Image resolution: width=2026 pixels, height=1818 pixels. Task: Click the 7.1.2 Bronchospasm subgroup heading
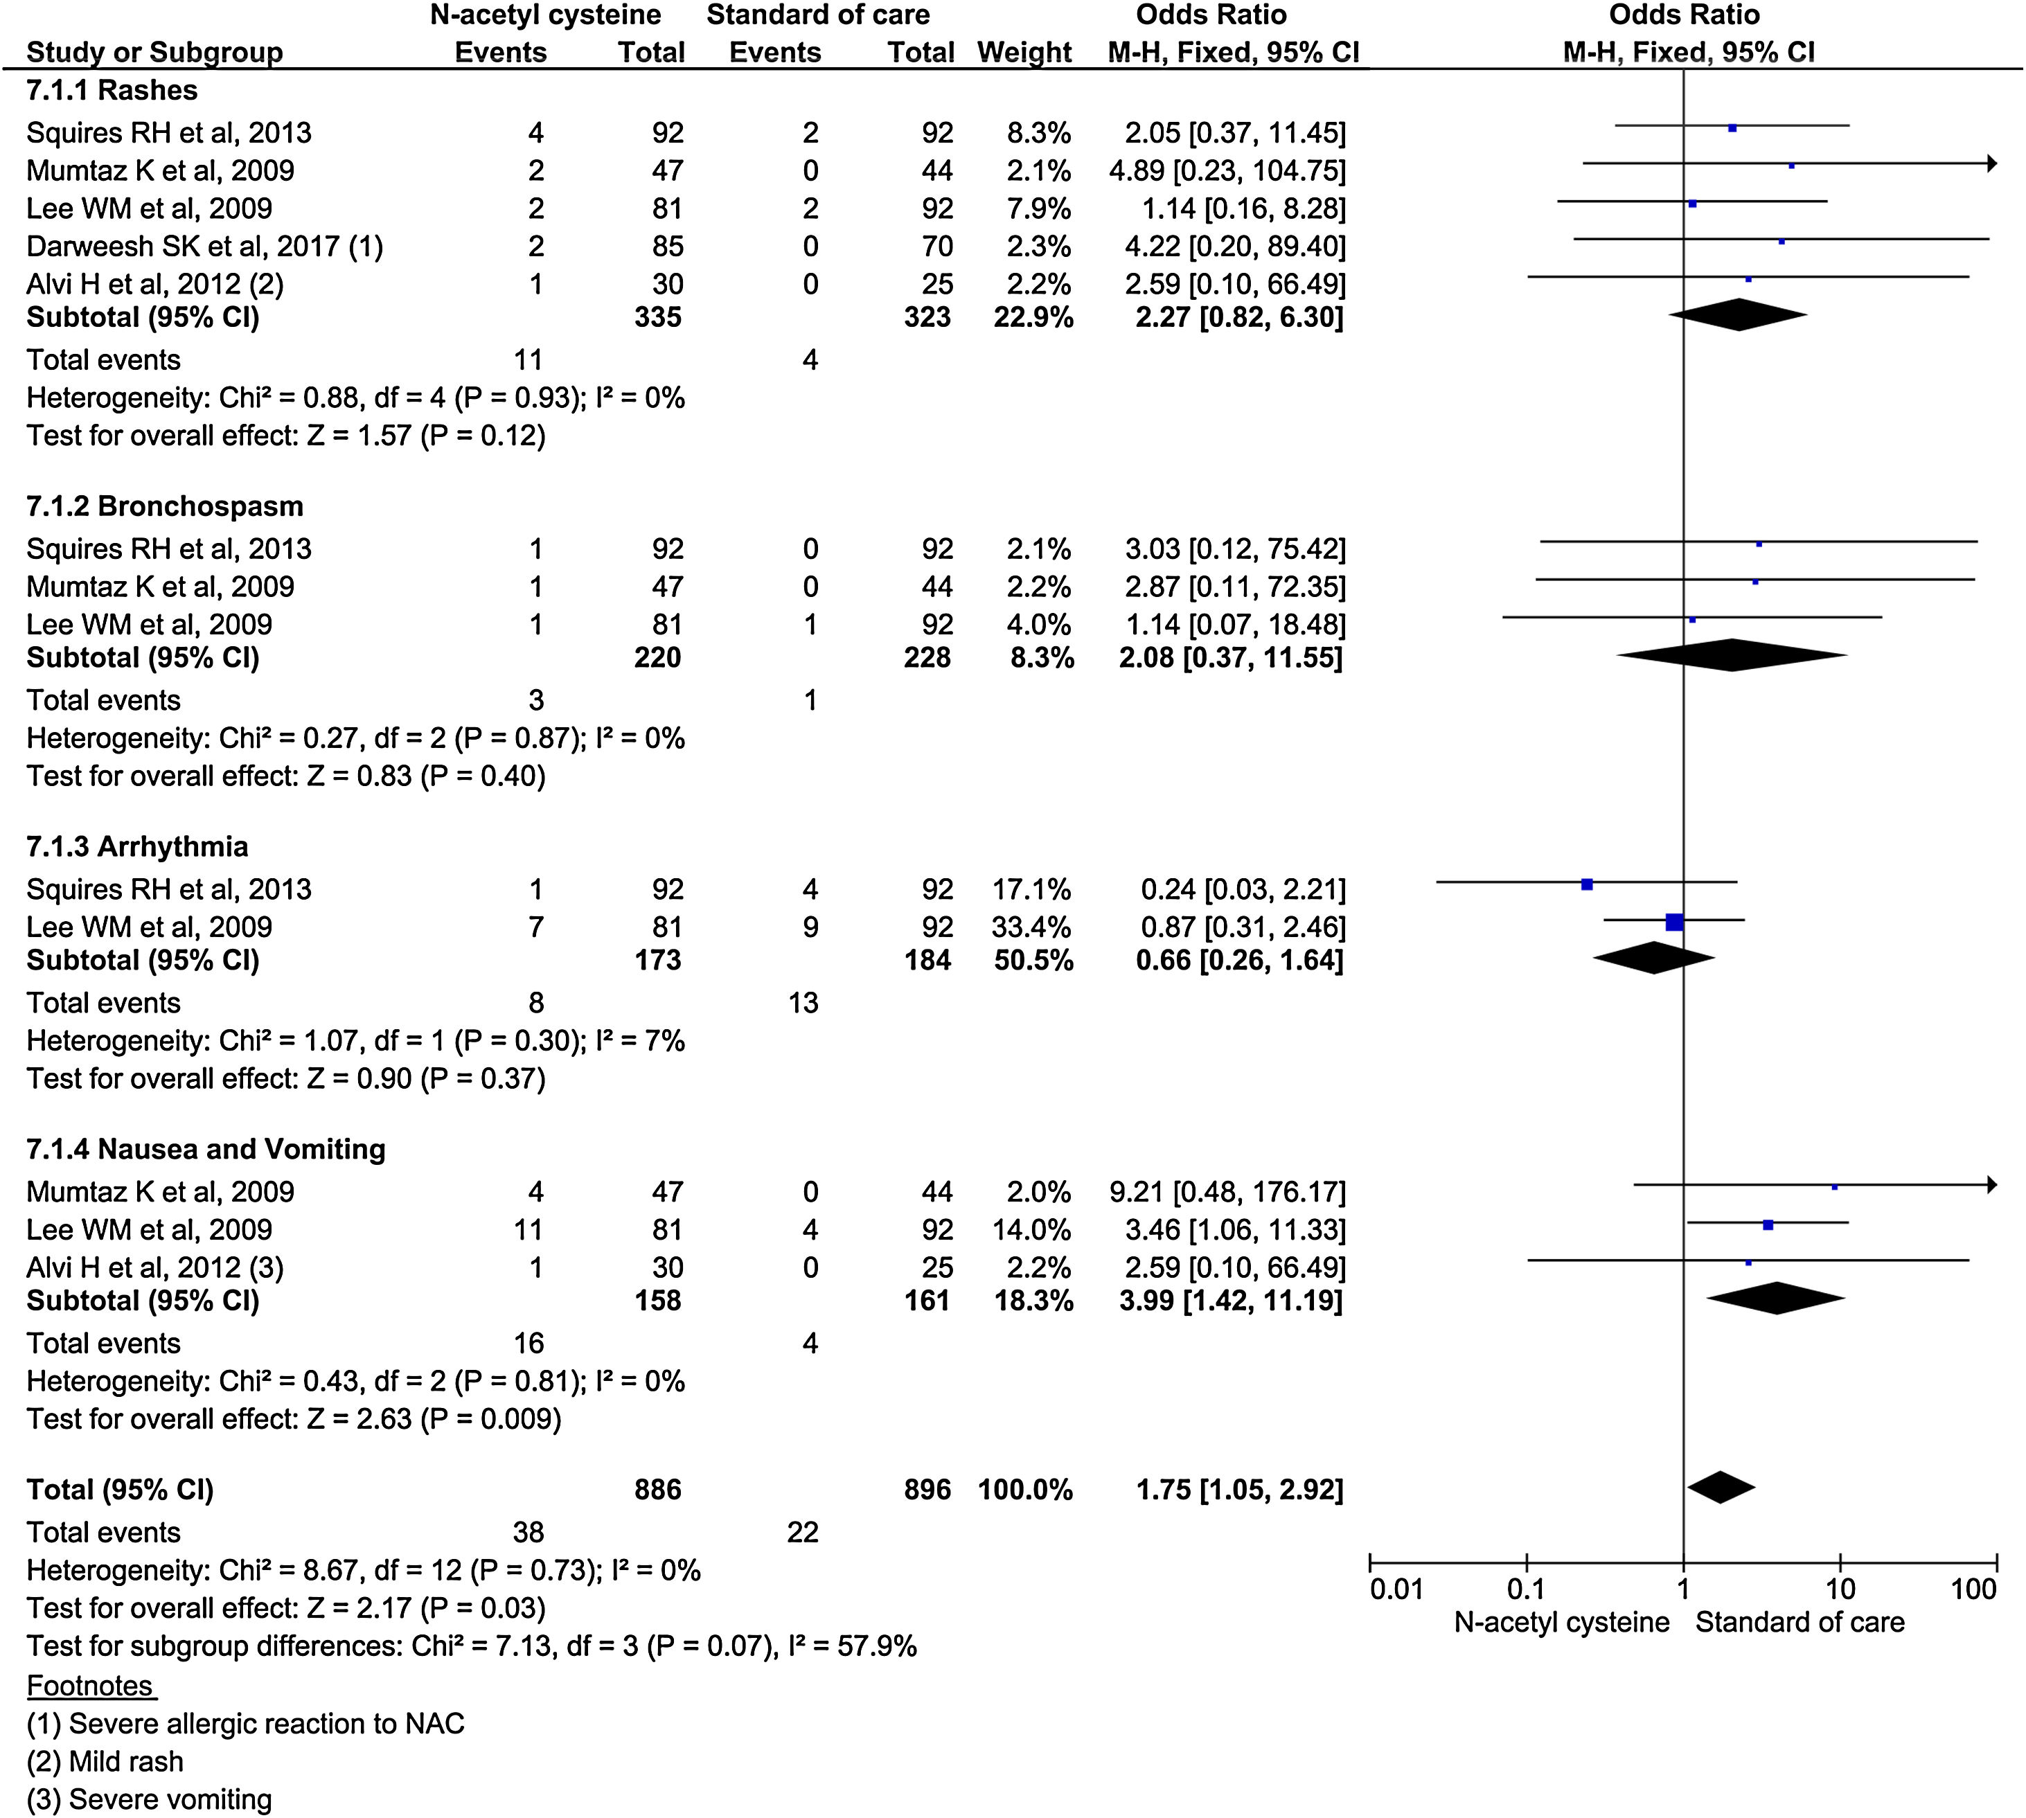[x=165, y=506]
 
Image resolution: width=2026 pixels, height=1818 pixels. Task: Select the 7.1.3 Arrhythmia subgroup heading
[x=137, y=847]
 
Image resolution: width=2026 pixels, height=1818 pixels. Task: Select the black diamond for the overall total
[x=1721, y=1488]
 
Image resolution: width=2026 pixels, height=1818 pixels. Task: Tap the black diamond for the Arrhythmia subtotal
[x=1653, y=958]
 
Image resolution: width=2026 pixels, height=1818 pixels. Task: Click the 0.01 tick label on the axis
[x=1396, y=1589]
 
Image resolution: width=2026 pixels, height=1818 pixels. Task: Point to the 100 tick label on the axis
[x=1973, y=1589]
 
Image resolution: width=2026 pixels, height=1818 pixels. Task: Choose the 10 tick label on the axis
[x=1840, y=1589]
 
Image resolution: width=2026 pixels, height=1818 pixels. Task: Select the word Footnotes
[x=91, y=1686]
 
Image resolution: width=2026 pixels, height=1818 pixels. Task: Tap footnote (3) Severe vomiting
[x=149, y=1800]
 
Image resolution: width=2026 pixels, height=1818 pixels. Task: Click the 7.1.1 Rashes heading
[x=112, y=91]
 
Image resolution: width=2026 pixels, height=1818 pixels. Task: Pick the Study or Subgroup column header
[x=155, y=52]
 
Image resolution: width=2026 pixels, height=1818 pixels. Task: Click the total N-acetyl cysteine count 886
[x=657, y=1489]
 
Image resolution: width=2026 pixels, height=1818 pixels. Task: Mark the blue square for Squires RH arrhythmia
[x=1586, y=884]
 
